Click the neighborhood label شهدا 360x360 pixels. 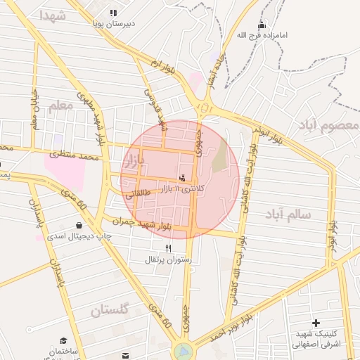(54, 15)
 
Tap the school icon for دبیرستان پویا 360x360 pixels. (113, 13)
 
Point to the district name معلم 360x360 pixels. (61, 106)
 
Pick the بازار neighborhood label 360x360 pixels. (134, 162)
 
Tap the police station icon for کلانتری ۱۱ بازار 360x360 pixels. (184, 179)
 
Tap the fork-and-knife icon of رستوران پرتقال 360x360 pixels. (168, 248)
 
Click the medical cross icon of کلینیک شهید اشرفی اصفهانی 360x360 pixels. (316, 322)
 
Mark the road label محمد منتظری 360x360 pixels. (75, 154)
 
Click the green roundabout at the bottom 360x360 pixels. (183, 349)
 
